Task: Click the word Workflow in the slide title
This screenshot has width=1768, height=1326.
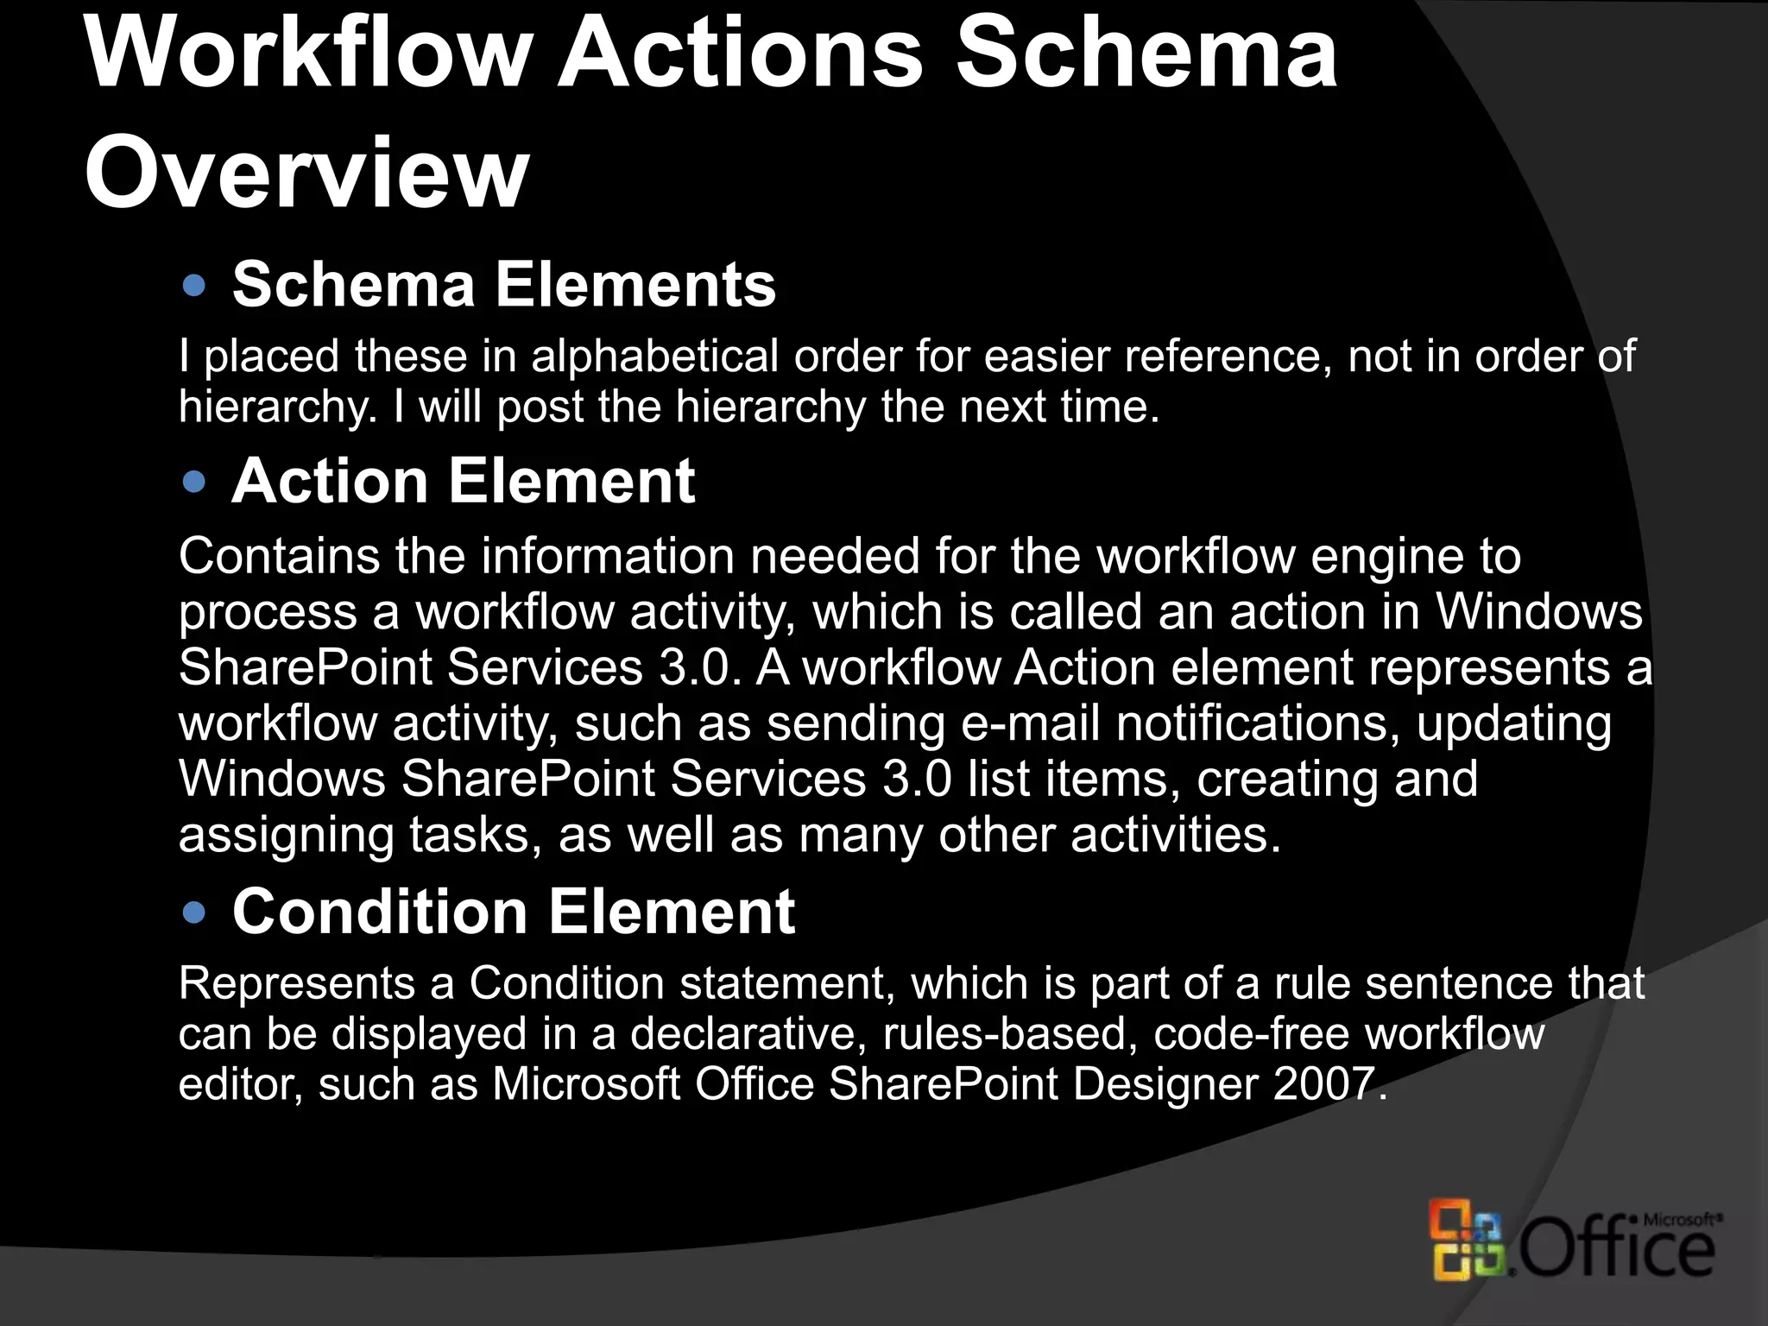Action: (x=306, y=54)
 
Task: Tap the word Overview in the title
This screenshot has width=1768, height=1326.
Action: (x=306, y=173)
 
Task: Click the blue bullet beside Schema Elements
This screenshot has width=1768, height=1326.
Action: (x=195, y=286)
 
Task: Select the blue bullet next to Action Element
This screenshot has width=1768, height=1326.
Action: (x=195, y=482)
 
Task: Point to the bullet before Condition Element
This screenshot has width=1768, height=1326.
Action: (x=195, y=912)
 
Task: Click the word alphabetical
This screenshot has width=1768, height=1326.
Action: (x=655, y=357)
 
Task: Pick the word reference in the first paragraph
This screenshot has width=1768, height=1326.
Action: (x=1222, y=357)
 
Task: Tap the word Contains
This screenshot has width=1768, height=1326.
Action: (x=279, y=556)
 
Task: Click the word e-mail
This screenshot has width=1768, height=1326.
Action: (x=1031, y=723)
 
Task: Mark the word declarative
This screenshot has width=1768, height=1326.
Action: (x=748, y=1034)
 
